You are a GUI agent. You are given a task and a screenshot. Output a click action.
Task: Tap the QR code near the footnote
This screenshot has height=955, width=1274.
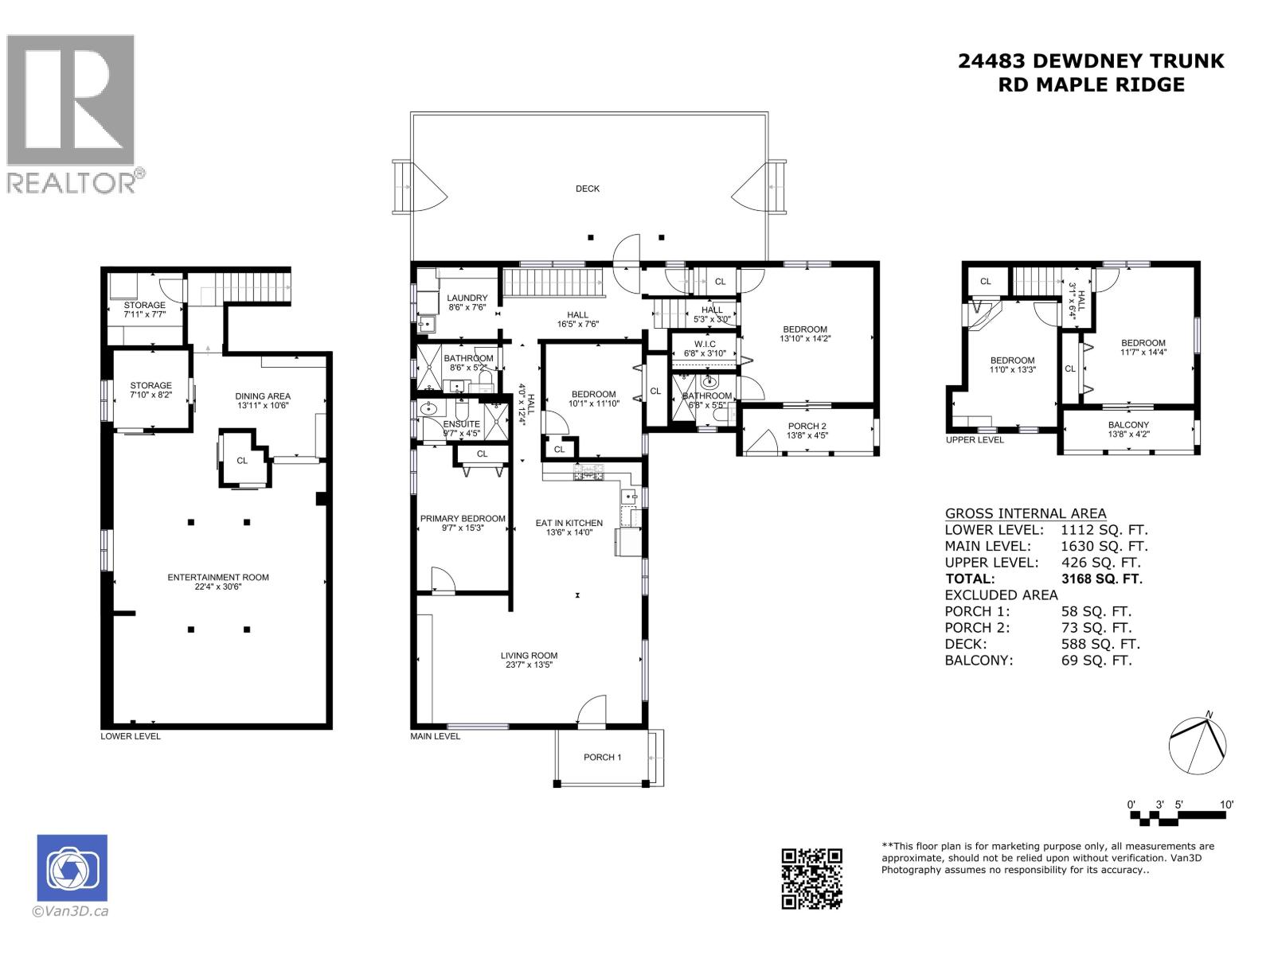click(x=811, y=879)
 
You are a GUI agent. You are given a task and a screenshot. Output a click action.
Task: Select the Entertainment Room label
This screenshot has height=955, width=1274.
click(x=218, y=577)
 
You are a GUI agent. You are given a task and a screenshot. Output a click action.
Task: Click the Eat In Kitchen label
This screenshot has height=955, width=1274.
click(x=569, y=523)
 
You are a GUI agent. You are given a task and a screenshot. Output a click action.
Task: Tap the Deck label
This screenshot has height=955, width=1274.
click(x=588, y=189)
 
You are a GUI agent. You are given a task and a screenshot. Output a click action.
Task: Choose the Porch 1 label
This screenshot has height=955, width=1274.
click(x=602, y=757)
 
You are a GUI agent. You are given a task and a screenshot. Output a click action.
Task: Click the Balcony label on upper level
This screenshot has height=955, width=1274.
click(x=1128, y=425)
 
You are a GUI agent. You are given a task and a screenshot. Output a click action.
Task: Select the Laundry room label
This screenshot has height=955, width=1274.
click(x=467, y=298)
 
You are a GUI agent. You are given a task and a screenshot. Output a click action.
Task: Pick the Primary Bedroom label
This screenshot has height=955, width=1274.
click(x=463, y=518)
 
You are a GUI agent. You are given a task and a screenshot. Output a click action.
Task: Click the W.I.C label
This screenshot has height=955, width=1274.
click(x=705, y=344)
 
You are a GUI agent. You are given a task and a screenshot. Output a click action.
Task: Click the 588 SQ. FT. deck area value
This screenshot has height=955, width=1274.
click(x=1100, y=644)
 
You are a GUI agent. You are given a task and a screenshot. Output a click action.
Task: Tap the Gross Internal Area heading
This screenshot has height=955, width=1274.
click(x=1025, y=513)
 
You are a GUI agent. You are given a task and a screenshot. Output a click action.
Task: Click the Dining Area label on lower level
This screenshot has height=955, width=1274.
click(x=263, y=396)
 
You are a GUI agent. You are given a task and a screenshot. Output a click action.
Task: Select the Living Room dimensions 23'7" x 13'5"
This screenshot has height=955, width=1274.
click(x=529, y=665)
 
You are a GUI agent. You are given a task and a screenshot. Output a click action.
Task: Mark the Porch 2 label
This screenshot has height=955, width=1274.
click(x=807, y=426)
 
